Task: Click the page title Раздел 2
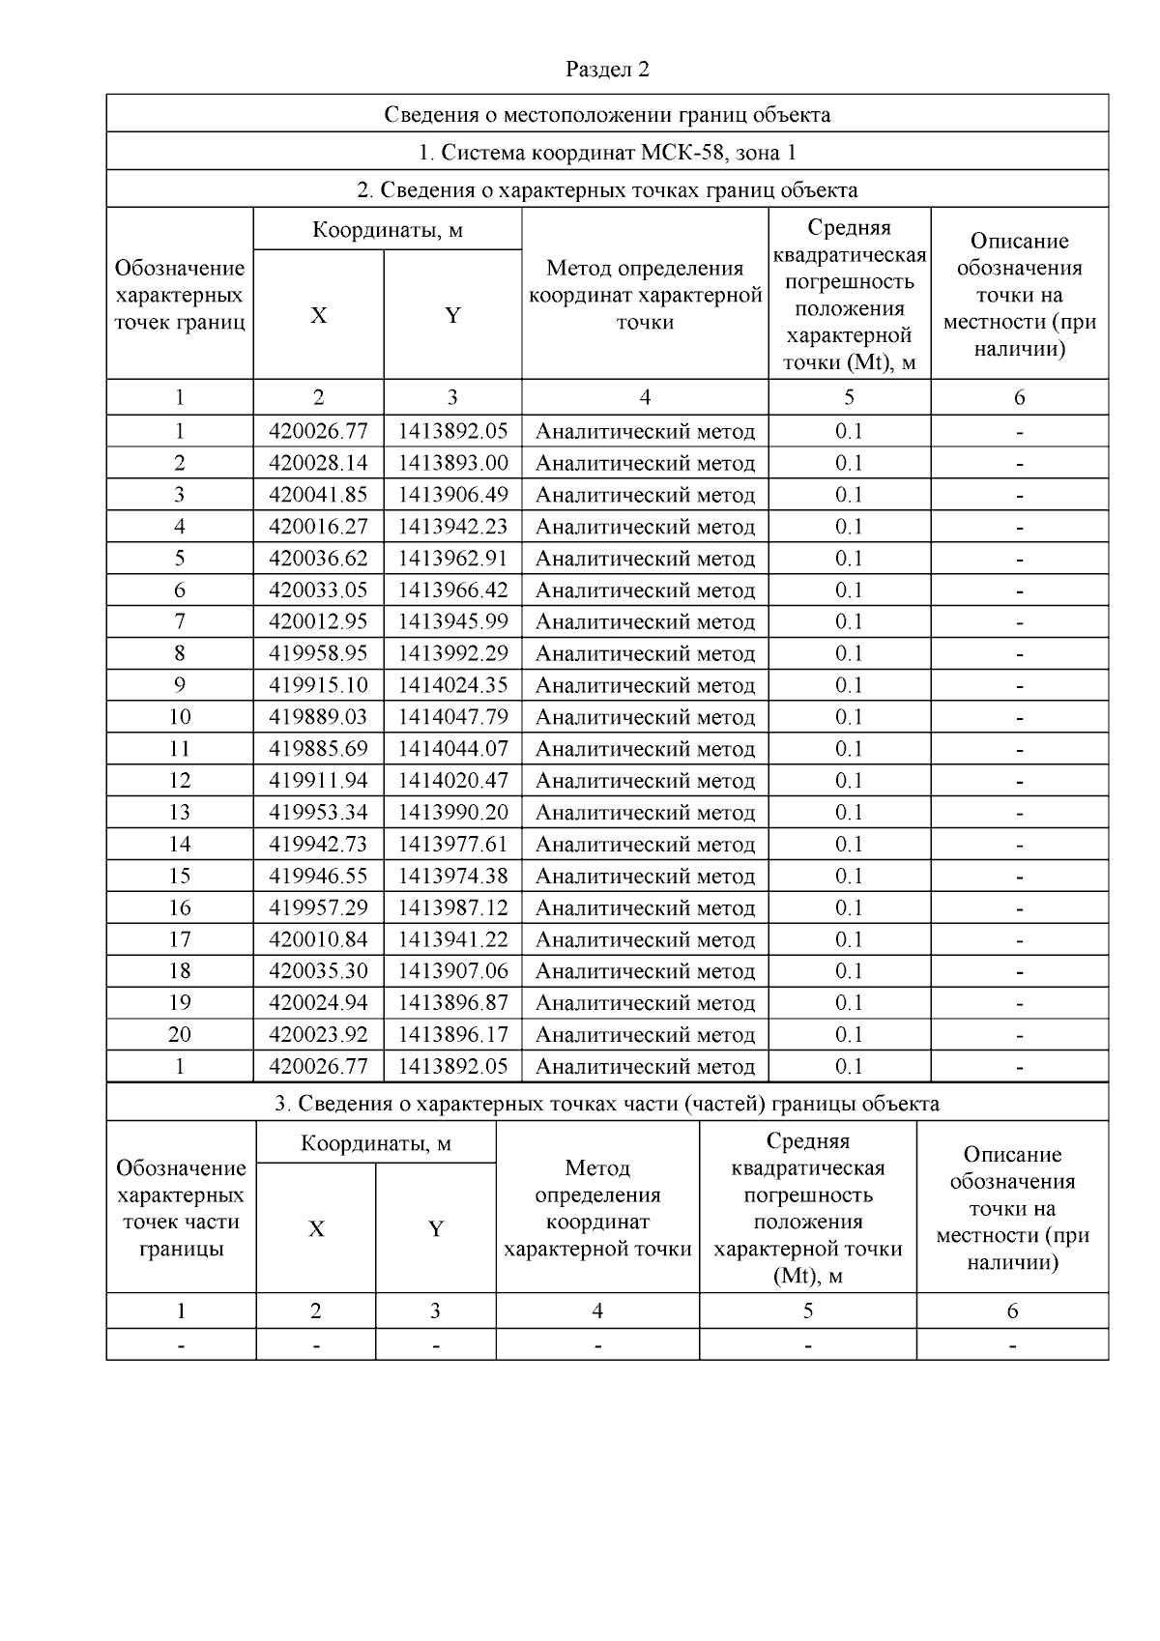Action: click(x=607, y=70)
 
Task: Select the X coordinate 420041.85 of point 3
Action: click(x=318, y=495)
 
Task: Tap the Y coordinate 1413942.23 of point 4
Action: click(x=452, y=527)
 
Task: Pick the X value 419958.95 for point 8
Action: click(x=318, y=653)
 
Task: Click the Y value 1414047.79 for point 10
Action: click(x=452, y=717)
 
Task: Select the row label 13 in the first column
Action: click(x=180, y=812)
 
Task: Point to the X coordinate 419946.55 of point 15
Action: click(x=318, y=876)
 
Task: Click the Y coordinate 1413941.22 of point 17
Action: click(x=452, y=939)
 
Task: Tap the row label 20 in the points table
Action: click(x=180, y=1034)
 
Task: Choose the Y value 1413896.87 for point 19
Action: click(x=452, y=1002)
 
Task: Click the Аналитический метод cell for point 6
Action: click(x=645, y=590)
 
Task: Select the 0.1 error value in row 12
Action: click(x=849, y=781)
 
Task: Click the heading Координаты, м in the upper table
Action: click(x=387, y=230)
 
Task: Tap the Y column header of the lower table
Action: click(x=436, y=1229)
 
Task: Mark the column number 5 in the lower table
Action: click(x=807, y=1311)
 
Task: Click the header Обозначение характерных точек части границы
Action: click(x=181, y=1208)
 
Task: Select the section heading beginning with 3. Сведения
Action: click(x=607, y=1104)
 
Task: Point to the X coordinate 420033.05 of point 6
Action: click(x=318, y=590)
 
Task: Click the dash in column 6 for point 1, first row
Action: click(x=1019, y=432)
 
